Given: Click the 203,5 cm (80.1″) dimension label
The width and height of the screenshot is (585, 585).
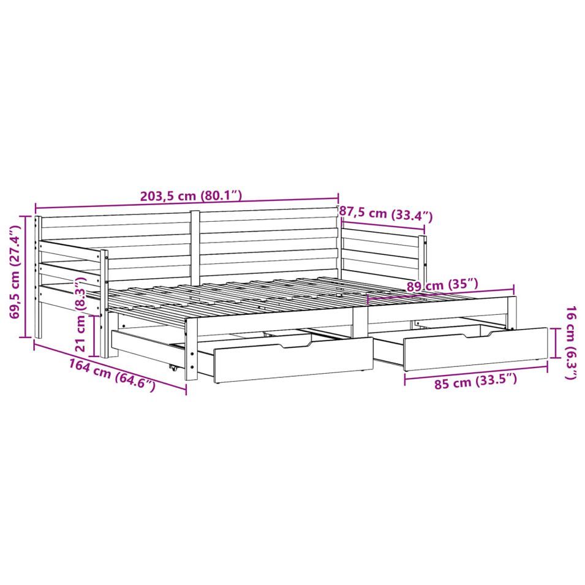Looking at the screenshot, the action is click(191, 195).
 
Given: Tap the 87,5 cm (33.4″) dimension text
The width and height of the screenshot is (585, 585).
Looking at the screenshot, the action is click(386, 214).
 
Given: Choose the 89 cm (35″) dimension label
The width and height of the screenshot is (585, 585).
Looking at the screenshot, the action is click(442, 285).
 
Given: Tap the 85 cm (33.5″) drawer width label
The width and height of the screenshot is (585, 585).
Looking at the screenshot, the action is click(476, 382).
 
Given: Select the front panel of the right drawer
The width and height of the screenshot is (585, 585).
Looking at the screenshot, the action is click(476, 349).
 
